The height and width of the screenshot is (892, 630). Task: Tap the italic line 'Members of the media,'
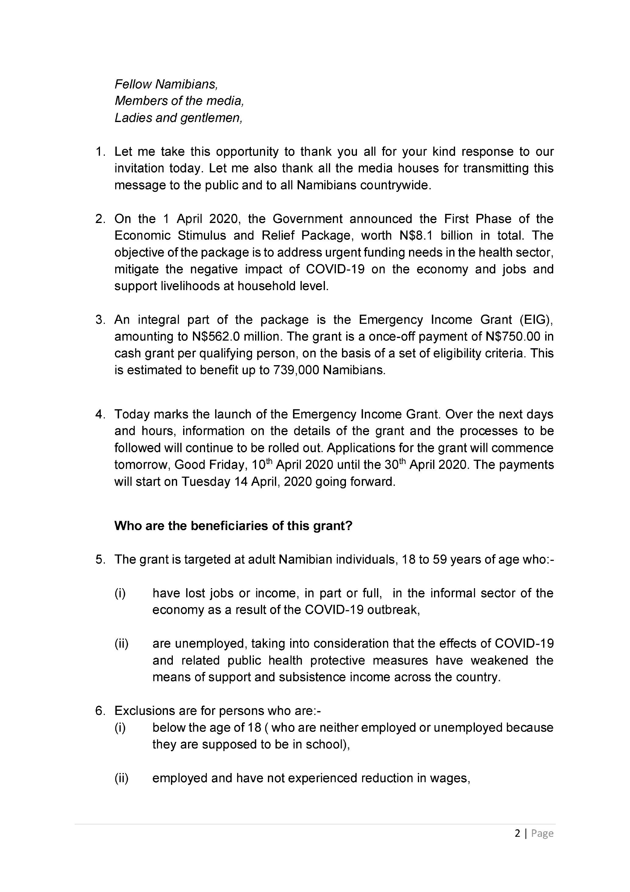click(x=179, y=101)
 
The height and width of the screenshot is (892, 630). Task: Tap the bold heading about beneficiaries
click(x=233, y=526)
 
